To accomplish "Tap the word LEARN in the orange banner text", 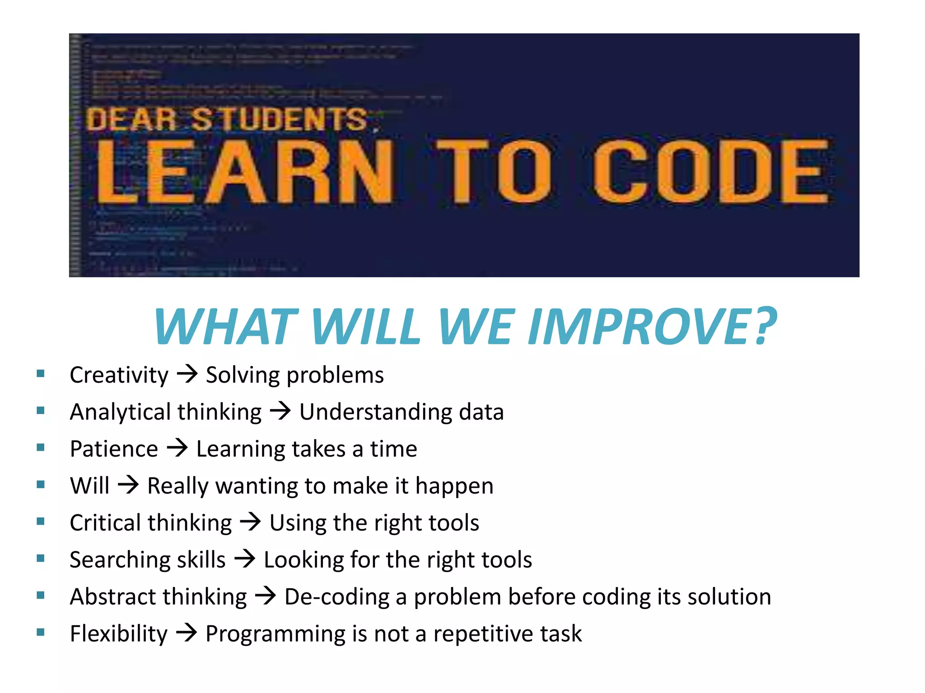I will coord(244,171).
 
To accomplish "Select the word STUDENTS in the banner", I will coord(279,120).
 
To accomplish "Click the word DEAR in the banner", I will coord(131,120).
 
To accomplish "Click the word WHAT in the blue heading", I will coord(226,326).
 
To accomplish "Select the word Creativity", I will coord(119,375).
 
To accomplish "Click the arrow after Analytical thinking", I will coord(280,411).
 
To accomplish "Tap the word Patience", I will coord(114,449).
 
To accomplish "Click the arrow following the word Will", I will coord(128,485).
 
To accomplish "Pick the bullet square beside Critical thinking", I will coord(41,522).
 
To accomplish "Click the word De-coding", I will coord(336,597).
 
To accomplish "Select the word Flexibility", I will coord(118,633).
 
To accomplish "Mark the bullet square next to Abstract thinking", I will coord(41,596).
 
